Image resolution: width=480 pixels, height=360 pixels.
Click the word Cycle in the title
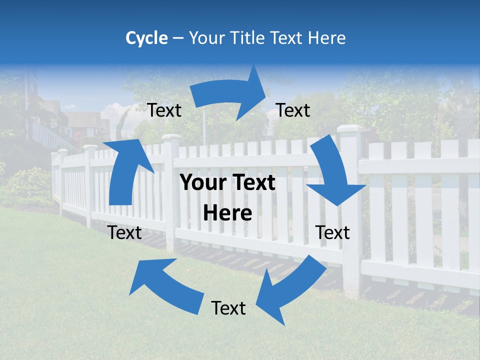click(146, 38)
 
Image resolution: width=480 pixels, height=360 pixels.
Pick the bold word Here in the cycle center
click(227, 213)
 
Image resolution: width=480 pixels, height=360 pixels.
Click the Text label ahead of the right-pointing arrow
click(293, 110)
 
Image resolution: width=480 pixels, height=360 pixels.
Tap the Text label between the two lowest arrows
click(228, 308)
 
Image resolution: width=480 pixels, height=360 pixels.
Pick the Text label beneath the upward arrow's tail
click(125, 232)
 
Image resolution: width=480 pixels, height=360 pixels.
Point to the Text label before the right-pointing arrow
click(164, 110)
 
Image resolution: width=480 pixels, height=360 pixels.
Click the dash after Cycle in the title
click(178, 38)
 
